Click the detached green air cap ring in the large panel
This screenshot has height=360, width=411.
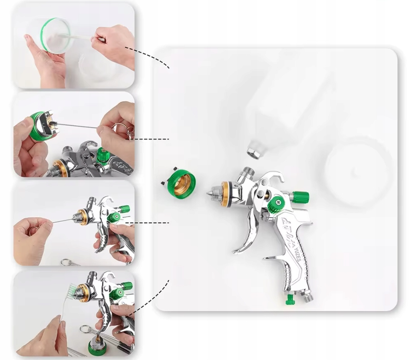[x=181, y=182]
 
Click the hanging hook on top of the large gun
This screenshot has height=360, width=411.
[x=276, y=176]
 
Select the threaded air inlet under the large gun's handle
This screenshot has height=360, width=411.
[x=308, y=296]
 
